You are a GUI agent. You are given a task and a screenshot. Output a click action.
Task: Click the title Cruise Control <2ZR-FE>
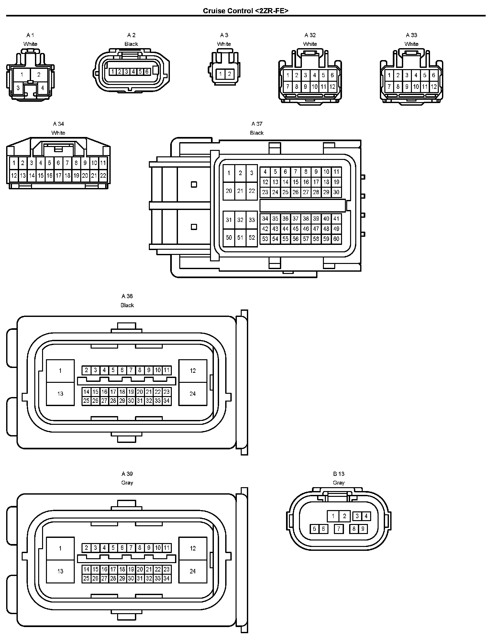(246, 11)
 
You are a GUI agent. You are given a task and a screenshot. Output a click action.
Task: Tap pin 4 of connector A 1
(42, 88)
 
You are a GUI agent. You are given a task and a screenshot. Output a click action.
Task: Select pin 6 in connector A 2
(147, 71)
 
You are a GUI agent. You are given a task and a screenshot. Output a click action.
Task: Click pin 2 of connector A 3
(229, 74)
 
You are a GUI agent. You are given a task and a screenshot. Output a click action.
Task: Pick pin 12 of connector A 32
(332, 87)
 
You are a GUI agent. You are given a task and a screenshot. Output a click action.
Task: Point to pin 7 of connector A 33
(389, 87)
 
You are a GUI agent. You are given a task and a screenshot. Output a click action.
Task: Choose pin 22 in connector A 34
(103, 176)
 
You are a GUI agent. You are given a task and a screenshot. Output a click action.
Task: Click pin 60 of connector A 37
(337, 239)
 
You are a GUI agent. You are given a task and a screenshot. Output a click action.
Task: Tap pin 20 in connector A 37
(229, 191)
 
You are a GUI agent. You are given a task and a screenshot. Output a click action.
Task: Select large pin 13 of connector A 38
(60, 394)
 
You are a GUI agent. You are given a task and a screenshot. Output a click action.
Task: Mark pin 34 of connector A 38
(166, 401)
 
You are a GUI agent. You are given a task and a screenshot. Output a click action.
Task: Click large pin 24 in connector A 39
(193, 571)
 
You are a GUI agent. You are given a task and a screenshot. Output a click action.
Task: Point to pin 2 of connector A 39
(86, 548)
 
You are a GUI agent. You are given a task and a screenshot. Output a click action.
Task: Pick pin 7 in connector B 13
(338, 529)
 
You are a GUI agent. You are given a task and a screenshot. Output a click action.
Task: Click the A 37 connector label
(257, 124)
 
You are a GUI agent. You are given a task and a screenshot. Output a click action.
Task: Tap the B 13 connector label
(339, 474)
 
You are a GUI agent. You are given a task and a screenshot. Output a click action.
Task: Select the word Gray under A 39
(127, 483)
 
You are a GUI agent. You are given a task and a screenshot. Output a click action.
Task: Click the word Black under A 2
(131, 44)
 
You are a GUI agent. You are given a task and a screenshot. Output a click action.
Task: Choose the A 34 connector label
(59, 124)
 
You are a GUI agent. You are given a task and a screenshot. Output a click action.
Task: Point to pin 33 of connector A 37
(252, 220)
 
